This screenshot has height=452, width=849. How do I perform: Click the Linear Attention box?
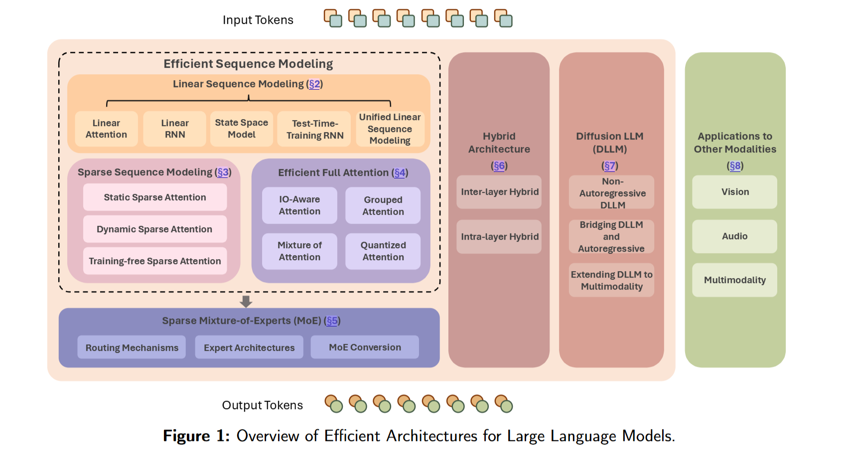[x=106, y=129]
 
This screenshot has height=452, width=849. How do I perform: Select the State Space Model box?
[x=242, y=129]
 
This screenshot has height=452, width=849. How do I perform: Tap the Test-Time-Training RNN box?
[x=315, y=129]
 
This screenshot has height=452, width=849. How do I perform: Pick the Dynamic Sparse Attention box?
[x=154, y=229]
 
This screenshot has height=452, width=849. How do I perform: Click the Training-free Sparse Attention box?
[x=154, y=261]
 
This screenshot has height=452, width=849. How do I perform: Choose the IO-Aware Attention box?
[x=299, y=205]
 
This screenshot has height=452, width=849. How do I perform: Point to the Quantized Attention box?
[x=383, y=251]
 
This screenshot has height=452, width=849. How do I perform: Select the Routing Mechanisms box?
[x=132, y=347]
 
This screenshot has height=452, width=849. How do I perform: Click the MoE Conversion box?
[x=365, y=347]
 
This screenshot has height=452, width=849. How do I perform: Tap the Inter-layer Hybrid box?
[x=499, y=192]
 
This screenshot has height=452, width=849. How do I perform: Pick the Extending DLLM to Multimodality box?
[x=611, y=280]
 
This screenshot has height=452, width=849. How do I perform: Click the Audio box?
[x=734, y=236]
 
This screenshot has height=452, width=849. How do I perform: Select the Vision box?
[x=734, y=192]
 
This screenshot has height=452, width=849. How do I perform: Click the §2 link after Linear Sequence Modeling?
[x=314, y=84]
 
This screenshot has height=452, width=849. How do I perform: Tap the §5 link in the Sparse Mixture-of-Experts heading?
[x=332, y=321]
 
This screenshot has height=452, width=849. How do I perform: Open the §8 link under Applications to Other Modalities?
[x=735, y=166]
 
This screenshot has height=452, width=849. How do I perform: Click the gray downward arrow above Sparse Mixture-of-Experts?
[x=246, y=301]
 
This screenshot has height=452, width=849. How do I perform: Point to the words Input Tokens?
[x=258, y=20]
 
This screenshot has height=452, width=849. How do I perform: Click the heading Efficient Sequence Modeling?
[x=248, y=64]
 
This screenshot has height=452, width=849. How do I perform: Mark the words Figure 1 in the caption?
[x=196, y=436]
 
